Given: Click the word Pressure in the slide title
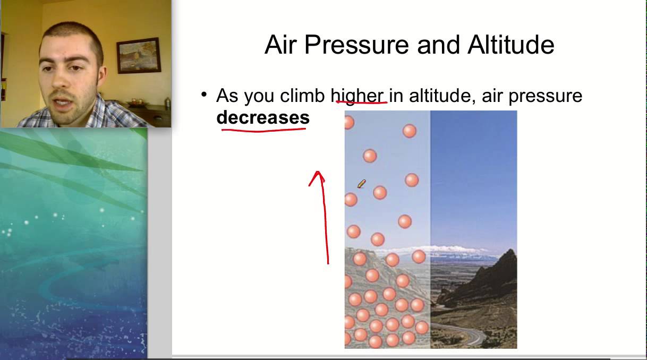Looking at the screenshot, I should tap(358, 46).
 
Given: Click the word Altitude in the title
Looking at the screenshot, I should tap(510, 45).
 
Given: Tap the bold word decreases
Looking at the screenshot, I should tap(263, 117).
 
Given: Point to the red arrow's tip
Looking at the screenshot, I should tap(318, 173).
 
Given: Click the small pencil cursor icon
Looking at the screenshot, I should tap(361, 184).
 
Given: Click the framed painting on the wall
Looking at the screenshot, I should tap(138, 55).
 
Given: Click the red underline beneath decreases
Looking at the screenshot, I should tap(264, 129).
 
